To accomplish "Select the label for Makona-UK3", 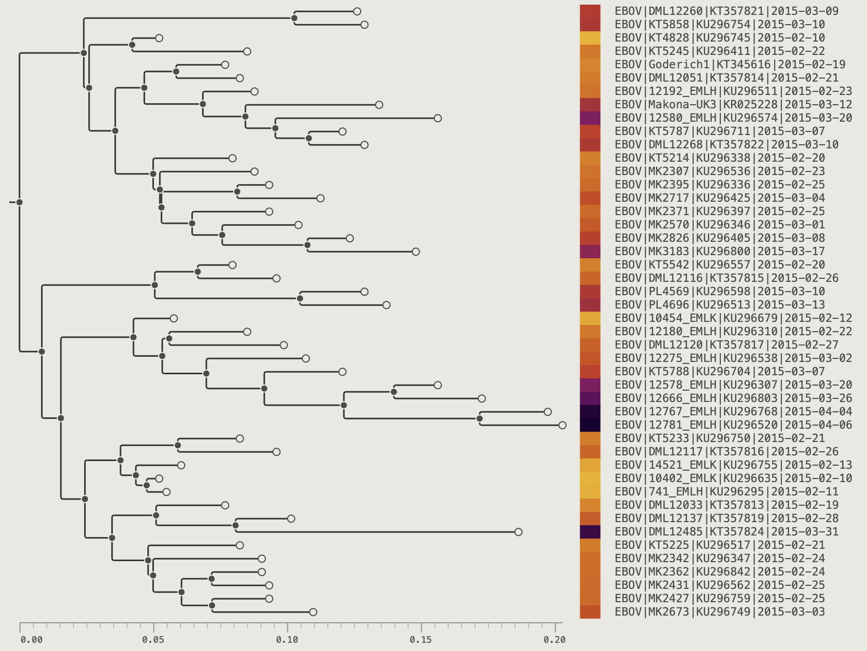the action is pos(733,105).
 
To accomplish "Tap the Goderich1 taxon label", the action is pos(730,65).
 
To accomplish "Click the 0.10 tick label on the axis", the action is pos(287,639).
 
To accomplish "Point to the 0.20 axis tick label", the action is pos(555,639).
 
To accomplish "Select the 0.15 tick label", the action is pos(421,639).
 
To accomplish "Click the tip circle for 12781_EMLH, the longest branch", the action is pos(562,425).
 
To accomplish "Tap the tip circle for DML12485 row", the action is pos(518,532).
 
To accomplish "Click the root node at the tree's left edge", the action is pos(19,202).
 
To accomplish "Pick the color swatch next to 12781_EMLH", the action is pos(590,425).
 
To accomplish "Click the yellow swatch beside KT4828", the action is pos(590,38).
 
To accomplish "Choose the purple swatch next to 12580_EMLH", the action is pos(590,118).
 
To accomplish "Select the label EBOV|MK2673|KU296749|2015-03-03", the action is pos(720,612).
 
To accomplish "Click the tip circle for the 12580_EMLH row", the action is pos(438,118).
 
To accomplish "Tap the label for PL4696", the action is pos(720,305).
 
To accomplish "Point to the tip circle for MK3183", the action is pos(416,252).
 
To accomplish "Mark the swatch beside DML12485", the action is pos(590,532).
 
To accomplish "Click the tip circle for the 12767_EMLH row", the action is pos(547,412).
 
